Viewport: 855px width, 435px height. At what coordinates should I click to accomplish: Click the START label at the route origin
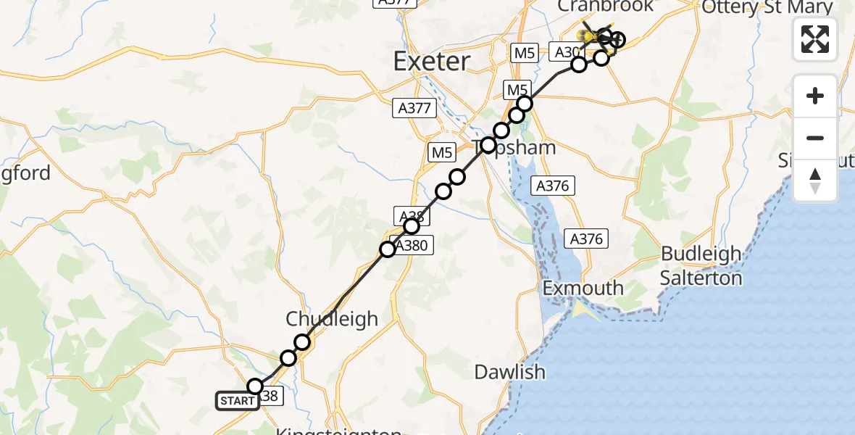pyautogui.click(x=237, y=401)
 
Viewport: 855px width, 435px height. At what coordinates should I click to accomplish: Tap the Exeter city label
pyautogui.click(x=432, y=61)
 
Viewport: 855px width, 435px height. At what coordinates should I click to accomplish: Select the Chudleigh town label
pyautogui.click(x=332, y=319)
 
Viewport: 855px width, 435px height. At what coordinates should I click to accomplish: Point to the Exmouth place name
pyautogui.click(x=583, y=288)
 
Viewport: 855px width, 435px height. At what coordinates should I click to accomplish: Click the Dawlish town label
pyautogui.click(x=509, y=373)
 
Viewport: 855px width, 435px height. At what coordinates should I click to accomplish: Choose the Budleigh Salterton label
pyautogui.click(x=701, y=265)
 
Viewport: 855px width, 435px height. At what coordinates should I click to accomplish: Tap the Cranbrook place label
pyautogui.click(x=605, y=7)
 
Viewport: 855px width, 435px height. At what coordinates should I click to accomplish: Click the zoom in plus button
pyautogui.click(x=815, y=96)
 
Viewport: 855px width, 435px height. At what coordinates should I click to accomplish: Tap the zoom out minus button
pyautogui.click(x=815, y=138)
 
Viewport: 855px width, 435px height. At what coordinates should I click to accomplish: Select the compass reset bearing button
pyautogui.click(x=815, y=180)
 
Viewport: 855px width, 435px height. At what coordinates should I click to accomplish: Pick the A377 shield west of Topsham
pyautogui.click(x=414, y=109)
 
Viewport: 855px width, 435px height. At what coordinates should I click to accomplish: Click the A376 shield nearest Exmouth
pyautogui.click(x=586, y=239)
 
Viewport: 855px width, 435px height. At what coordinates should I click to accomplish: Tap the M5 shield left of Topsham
pyautogui.click(x=442, y=152)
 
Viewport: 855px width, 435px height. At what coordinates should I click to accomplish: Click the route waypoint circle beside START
pyautogui.click(x=255, y=386)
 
